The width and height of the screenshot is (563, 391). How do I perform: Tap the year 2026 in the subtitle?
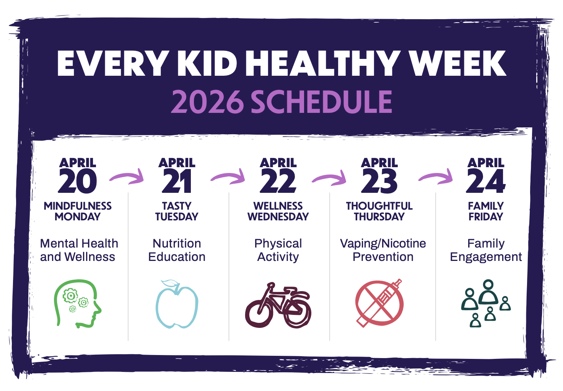207,102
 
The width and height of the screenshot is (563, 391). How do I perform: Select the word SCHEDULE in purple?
321,102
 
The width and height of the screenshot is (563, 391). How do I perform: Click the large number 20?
78,181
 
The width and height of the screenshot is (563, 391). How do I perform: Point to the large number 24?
486,181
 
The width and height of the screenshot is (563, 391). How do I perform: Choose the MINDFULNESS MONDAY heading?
78,211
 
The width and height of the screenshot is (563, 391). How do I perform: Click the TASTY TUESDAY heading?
177,211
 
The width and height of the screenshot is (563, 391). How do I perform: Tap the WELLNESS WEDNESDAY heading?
278,211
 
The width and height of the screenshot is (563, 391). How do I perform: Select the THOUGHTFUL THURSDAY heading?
379,211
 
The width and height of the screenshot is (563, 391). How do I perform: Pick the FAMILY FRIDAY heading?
486,211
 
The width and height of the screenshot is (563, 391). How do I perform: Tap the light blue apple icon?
177,306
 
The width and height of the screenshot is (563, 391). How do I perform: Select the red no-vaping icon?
379,303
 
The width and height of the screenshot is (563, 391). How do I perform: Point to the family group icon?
486,303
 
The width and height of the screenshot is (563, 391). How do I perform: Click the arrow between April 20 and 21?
127,177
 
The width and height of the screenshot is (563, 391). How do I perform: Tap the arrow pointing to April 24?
436,177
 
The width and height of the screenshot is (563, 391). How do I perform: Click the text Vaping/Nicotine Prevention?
383,250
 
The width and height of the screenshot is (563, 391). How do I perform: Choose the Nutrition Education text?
177,250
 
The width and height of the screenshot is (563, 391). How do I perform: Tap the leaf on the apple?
171,284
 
